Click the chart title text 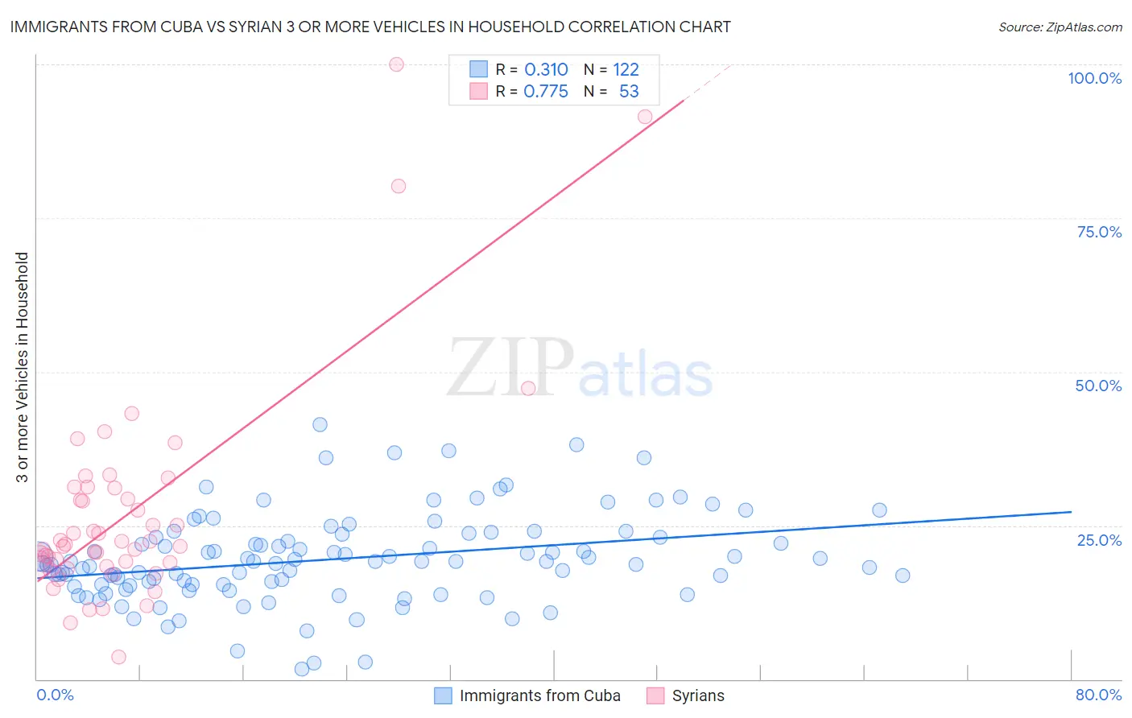[x=370, y=27]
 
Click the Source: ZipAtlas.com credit [x=1060, y=27]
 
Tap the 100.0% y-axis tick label [x=1094, y=78]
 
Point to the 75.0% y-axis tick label [x=1099, y=232]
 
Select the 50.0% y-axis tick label [x=1098, y=386]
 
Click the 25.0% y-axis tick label [x=1099, y=539]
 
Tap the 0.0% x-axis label [x=55, y=695]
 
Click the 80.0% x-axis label [x=1098, y=695]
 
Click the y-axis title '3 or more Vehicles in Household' [x=22, y=367]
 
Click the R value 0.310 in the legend [x=546, y=69]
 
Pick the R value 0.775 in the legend [x=546, y=91]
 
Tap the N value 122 [x=626, y=69]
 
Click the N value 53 [x=629, y=91]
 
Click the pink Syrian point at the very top [x=396, y=64]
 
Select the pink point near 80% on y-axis [x=398, y=186]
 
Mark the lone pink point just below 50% [x=528, y=388]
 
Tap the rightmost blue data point [x=903, y=576]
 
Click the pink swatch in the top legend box [x=479, y=91]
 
